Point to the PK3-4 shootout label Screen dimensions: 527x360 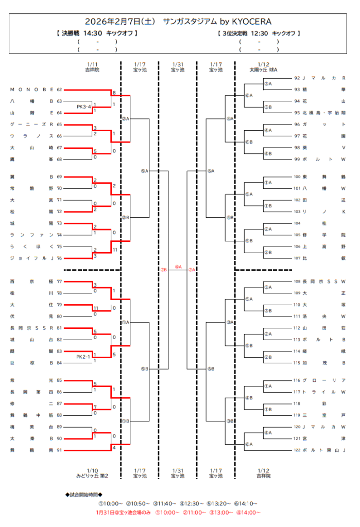(84, 107)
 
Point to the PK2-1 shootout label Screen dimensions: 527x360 (83, 357)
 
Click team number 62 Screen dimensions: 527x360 (59, 90)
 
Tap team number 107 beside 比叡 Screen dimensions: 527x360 (297, 258)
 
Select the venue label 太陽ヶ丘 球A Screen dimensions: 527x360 (263, 69)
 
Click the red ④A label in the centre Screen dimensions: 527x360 (178, 267)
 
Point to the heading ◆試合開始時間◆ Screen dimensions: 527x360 (87, 495)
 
